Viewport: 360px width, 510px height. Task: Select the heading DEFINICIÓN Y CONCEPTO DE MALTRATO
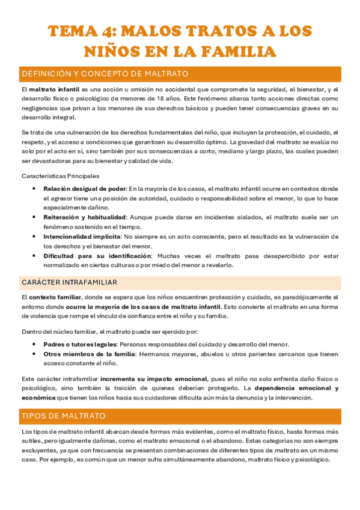click(105, 74)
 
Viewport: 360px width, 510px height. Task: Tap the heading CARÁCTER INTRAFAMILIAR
click(69, 282)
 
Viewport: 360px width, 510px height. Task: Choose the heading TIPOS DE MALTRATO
click(64, 416)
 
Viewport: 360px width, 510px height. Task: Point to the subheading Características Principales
click(60, 176)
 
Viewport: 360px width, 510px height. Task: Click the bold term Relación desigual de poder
click(85, 188)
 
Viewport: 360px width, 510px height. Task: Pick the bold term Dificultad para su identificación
click(88, 256)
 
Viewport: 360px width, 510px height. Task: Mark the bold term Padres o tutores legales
click(80, 345)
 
